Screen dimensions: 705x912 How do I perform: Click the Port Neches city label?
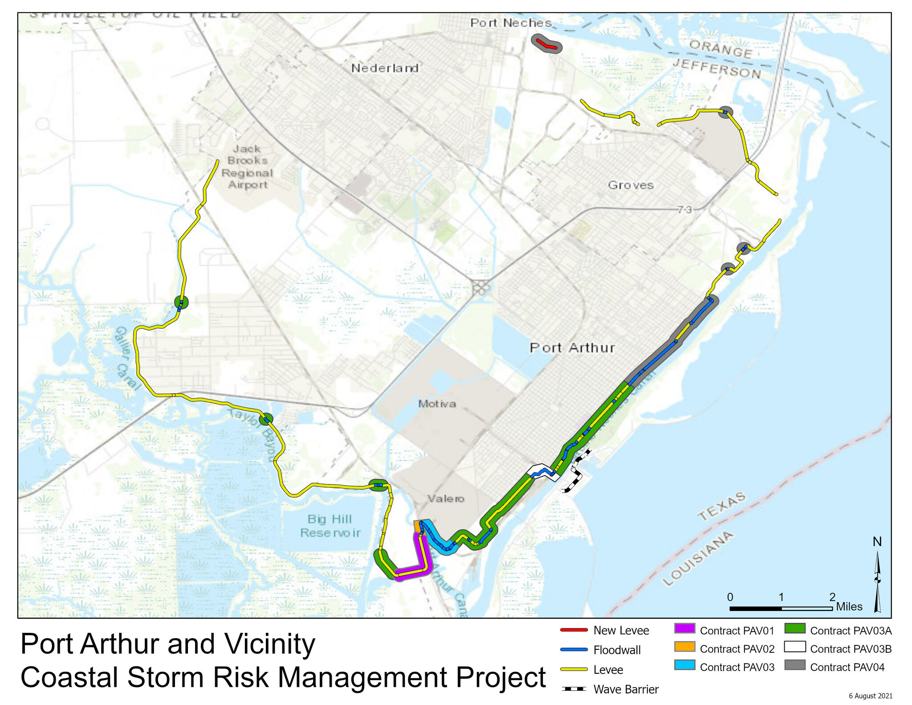click(511, 23)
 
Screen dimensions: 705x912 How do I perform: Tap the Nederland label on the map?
click(385, 68)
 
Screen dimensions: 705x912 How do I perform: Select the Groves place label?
click(631, 185)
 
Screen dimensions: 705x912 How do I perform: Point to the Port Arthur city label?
click(572, 347)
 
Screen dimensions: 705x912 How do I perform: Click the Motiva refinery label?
click(437, 403)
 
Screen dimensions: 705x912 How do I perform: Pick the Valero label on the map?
click(446, 498)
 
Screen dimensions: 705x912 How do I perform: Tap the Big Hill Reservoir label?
click(330, 526)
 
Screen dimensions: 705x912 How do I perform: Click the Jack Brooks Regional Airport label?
click(247, 167)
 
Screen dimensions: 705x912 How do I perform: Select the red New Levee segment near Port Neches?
click(546, 44)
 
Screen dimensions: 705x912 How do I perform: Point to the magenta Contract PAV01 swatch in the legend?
click(684, 628)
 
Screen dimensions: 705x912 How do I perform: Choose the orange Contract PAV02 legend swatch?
click(684, 647)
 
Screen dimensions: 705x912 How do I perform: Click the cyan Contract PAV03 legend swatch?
click(684, 665)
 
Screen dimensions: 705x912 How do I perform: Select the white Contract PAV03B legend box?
click(795, 647)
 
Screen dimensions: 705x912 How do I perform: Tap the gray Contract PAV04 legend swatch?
click(795, 665)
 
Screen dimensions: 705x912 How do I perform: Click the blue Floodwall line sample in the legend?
click(574, 650)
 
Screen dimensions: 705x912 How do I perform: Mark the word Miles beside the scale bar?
click(849, 607)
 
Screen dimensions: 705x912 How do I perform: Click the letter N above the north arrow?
click(877, 542)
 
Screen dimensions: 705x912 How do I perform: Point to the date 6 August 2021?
click(870, 696)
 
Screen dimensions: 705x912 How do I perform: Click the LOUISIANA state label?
click(697, 558)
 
